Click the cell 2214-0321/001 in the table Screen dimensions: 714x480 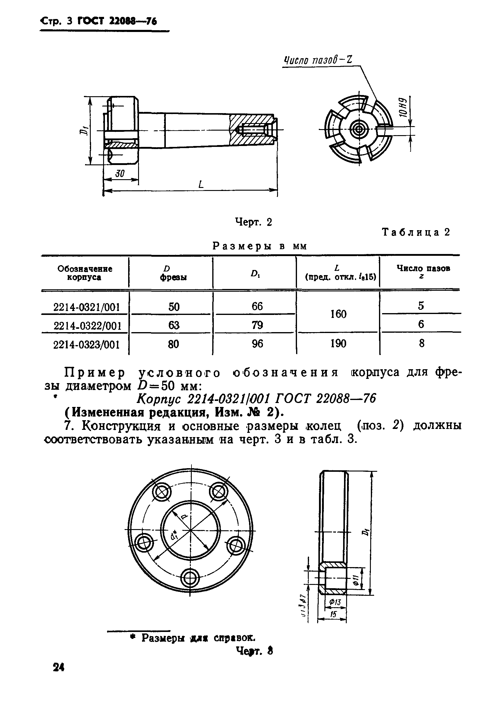point(86,307)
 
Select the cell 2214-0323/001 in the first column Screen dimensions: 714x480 point(86,345)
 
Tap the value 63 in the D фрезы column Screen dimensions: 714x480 point(174,325)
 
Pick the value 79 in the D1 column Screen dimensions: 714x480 point(257,325)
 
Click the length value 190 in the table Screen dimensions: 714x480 point(338,344)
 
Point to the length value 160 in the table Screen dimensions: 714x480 point(338,314)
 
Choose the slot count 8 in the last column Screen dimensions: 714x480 point(422,344)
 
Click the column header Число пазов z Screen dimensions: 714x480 point(423,271)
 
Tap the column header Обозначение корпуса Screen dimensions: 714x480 point(85,273)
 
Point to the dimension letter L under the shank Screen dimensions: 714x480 point(201,185)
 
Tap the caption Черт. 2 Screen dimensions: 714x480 point(254,222)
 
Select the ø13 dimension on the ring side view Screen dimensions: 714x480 point(335,602)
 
